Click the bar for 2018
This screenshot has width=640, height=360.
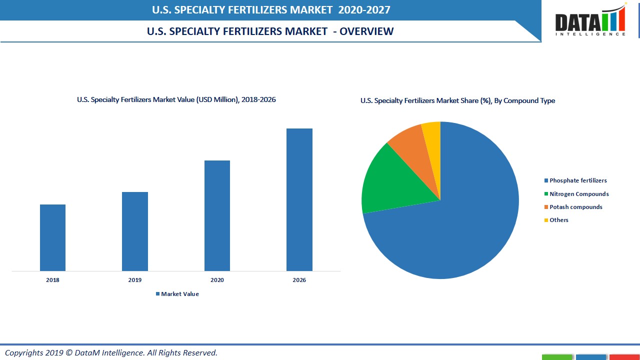pos(52,237)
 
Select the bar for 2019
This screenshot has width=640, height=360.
pos(135,231)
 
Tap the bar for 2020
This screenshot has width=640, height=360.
pos(217,215)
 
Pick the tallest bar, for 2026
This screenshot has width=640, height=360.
pos(299,199)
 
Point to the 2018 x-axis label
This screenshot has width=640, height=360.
pos(52,280)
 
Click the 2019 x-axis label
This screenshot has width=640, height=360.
pos(135,280)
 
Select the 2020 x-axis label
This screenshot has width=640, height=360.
pos(217,280)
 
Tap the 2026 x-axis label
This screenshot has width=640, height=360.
pos(299,280)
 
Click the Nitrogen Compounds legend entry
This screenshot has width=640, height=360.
pos(576,194)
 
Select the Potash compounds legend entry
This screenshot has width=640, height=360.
pos(573,207)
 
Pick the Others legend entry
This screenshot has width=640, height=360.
pos(556,220)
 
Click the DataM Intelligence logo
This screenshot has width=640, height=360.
pos(590,21)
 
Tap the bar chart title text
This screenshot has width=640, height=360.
pos(176,99)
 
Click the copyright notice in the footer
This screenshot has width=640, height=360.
pos(111,352)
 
